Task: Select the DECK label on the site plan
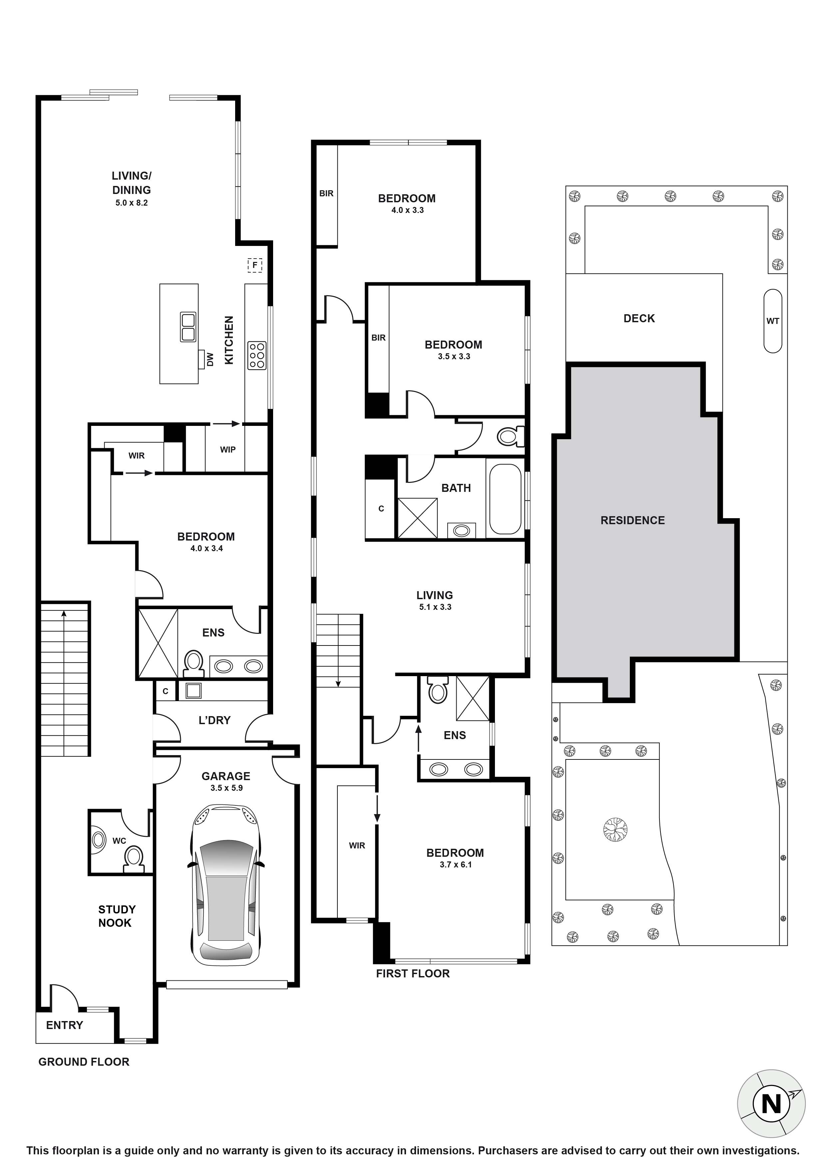pos(639,318)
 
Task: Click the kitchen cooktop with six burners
pos(256,355)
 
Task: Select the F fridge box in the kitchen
pos(254,265)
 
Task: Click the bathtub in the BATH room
pos(505,499)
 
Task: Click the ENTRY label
pos(64,1025)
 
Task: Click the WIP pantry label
pos(227,450)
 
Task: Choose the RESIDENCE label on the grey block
pos(632,520)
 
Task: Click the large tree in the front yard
pos(615,830)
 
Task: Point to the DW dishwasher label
pos(210,360)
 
